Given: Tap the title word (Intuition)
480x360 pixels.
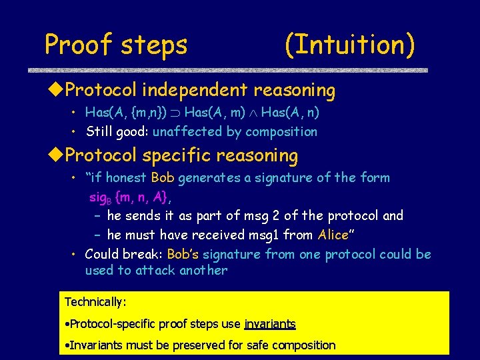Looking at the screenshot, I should [x=349, y=45].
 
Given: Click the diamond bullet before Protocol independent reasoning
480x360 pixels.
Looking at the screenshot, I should [x=58, y=90].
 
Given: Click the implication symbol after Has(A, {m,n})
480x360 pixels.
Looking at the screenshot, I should [x=176, y=114].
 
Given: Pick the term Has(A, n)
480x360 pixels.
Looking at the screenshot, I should [x=299, y=113].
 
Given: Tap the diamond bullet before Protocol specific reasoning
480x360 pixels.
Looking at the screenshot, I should [x=58, y=155].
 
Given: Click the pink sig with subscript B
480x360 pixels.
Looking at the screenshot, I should [x=100, y=197].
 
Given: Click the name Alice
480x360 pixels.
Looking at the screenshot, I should [x=333, y=235].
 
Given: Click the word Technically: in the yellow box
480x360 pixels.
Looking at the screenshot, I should [x=95, y=302].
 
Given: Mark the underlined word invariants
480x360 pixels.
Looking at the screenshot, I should [x=270, y=324].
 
